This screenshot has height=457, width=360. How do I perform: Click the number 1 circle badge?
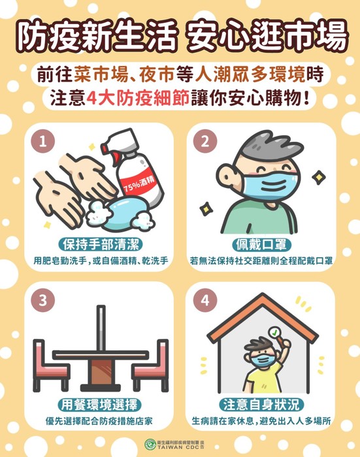[43, 142]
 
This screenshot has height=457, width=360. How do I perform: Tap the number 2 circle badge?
[205, 142]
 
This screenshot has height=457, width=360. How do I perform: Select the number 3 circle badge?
[43, 300]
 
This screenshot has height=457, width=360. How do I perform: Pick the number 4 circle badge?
[205, 300]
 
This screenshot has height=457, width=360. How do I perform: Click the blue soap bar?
[128, 212]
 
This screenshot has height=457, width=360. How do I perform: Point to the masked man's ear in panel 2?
[227, 177]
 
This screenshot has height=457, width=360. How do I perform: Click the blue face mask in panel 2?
[270, 185]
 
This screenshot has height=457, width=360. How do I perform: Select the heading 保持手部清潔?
[101, 244]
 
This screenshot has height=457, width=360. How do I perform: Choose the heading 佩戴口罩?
[261, 244]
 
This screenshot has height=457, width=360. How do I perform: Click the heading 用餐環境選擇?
[99, 405]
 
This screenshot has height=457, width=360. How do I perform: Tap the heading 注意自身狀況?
[261, 405]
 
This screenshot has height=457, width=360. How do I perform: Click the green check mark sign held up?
[275, 332]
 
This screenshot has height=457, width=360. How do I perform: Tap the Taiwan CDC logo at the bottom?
[150, 444]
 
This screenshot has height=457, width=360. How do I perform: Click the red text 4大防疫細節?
[139, 99]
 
